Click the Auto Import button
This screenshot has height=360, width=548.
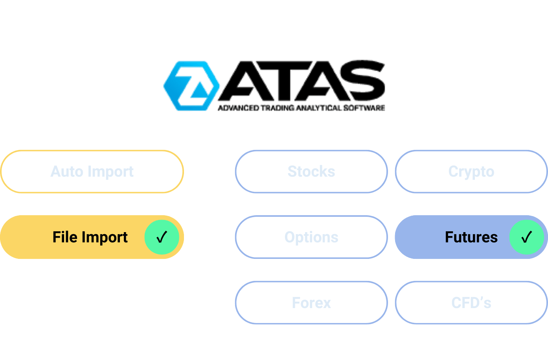(x=92, y=172)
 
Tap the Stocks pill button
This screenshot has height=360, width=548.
(x=311, y=172)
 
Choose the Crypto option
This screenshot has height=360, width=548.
(x=471, y=172)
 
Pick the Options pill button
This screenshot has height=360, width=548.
(x=311, y=237)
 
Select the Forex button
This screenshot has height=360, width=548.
(x=311, y=303)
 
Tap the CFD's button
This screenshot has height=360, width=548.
(x=471, y=303)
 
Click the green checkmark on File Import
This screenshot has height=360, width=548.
(x=162, y=237)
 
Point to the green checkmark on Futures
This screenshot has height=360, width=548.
(x=526, y=237)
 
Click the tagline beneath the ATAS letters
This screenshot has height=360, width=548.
(x=301, y=107)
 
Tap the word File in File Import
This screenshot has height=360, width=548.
(x=65, y=237)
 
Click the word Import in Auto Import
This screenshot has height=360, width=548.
(x=111, y=172)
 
